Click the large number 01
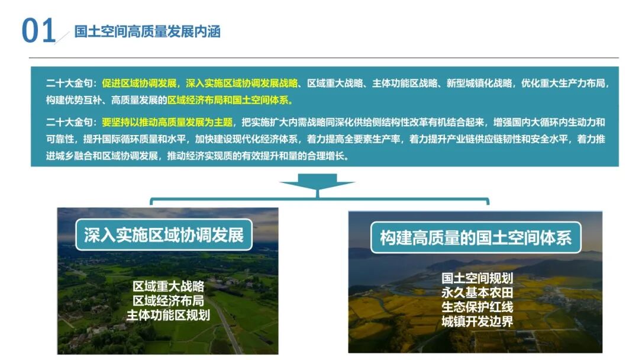[x=38, y=31]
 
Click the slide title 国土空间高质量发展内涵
[x=147, y=32]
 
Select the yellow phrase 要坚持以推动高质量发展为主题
[x=167, y=123]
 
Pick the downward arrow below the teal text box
[x=318, y=184]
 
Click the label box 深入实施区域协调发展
[x=163, y=235]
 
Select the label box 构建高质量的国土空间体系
[x=475, y=238]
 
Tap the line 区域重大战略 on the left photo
[x=168, y=287]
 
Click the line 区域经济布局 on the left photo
[x=168, y=301]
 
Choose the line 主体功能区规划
[x=168, y=315]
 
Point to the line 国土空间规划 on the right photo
[x=477, y=278]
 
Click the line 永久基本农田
[x=477, y=292]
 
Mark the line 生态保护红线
[x=477, y=307]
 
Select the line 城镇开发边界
[x=477, y=322]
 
